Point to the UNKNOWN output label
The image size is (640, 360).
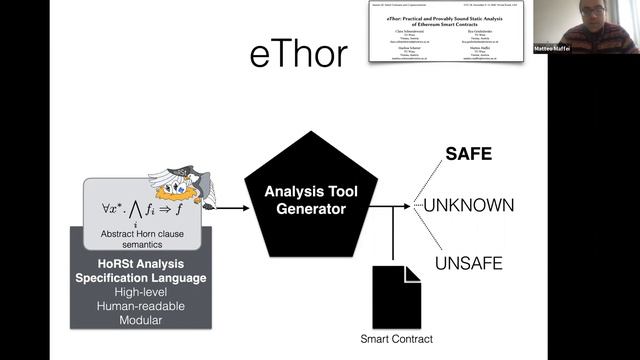468,206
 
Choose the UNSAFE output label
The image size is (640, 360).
467,263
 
